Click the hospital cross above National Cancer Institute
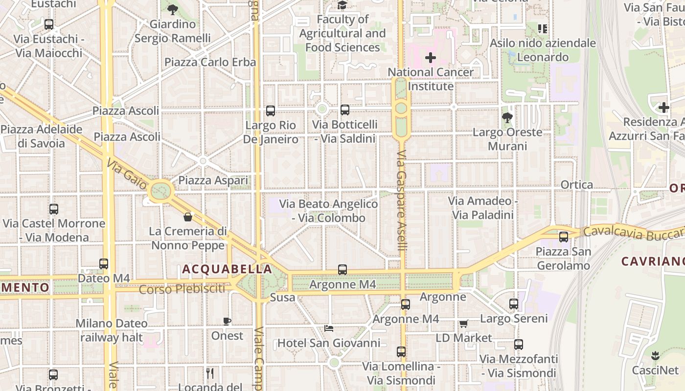click(431, 58)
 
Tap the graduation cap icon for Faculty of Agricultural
click(342, 5)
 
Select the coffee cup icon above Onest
click(227, 321)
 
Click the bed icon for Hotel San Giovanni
click(329, 328)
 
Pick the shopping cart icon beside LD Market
click(463, 324)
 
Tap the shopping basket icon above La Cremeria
click(188, 217)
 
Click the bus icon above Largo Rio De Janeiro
click(271, 111)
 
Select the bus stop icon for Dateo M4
click(104, 264)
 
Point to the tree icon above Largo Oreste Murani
click(507, 117)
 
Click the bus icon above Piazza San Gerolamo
click(564, 237)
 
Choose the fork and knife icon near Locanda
click(210, 374)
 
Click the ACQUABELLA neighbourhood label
click(227, 269)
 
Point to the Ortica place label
click(577, 185)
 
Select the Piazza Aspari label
click(213, 181)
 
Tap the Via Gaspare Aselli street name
click(402, 200)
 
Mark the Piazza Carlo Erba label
click(210, 62)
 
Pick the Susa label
click(283, 297)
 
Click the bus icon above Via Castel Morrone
click(54, 209)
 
